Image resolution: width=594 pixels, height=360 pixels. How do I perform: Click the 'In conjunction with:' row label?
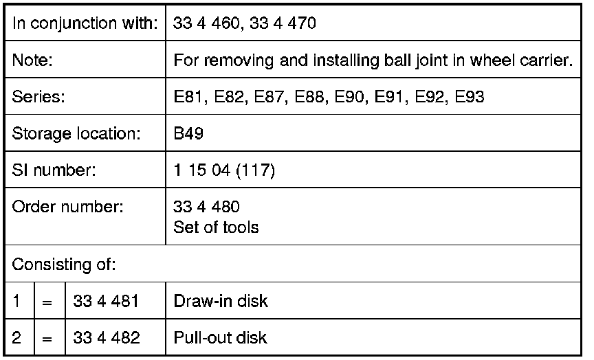84,23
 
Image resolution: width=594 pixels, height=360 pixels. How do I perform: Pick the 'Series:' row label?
38,97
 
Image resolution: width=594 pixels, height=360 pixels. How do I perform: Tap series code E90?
349,97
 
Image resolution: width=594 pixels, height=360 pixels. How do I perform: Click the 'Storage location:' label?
76,133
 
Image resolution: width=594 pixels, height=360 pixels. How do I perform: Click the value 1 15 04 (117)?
224,170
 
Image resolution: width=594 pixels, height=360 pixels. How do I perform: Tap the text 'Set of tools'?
216,227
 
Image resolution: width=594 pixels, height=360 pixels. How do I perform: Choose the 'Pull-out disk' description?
220,337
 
